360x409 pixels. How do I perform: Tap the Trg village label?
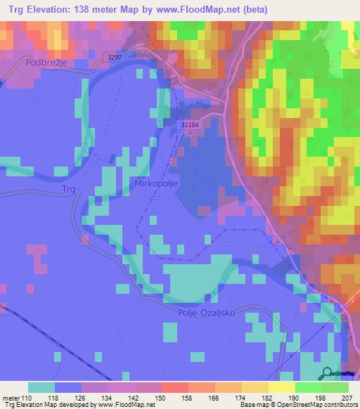pyautogui.click(x=68, y=189)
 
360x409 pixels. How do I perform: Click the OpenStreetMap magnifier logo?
pyautogui.click(x=328, y=375)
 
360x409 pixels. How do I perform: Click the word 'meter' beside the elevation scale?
pyautogui.click(x=13, y=397)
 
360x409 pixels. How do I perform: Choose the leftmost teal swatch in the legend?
pyautogui.click(x=41, y=387)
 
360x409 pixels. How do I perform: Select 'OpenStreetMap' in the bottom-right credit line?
pyautogui.click(x=299, y=405)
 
